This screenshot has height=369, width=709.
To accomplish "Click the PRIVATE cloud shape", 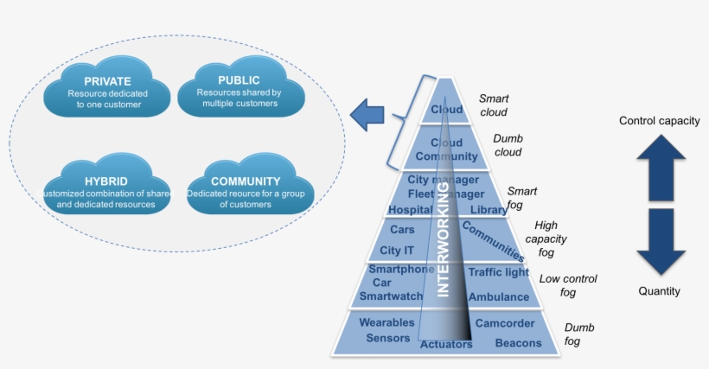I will pos(108,90).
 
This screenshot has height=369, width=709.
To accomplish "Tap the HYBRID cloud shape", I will pos(108,188).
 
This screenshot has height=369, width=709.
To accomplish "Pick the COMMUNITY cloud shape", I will pos(246,188).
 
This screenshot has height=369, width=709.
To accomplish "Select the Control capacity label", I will pos(659,121).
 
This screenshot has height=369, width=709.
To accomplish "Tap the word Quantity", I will pos(659,291).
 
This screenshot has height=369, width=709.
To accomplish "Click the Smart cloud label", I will pos(493,105).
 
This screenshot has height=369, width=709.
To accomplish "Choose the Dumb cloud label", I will pos(508,145).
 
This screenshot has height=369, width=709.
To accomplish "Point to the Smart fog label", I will pos(522,197).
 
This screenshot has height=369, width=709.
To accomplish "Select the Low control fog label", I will pos(567,286).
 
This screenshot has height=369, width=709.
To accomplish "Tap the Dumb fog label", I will pos(578,334).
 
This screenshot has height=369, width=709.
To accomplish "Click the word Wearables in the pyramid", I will pos(386,322).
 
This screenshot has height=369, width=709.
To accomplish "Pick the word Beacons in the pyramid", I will pos(518,343).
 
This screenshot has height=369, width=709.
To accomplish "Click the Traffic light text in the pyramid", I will pos(498,272).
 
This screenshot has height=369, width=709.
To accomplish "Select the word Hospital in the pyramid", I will pos(410,210).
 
